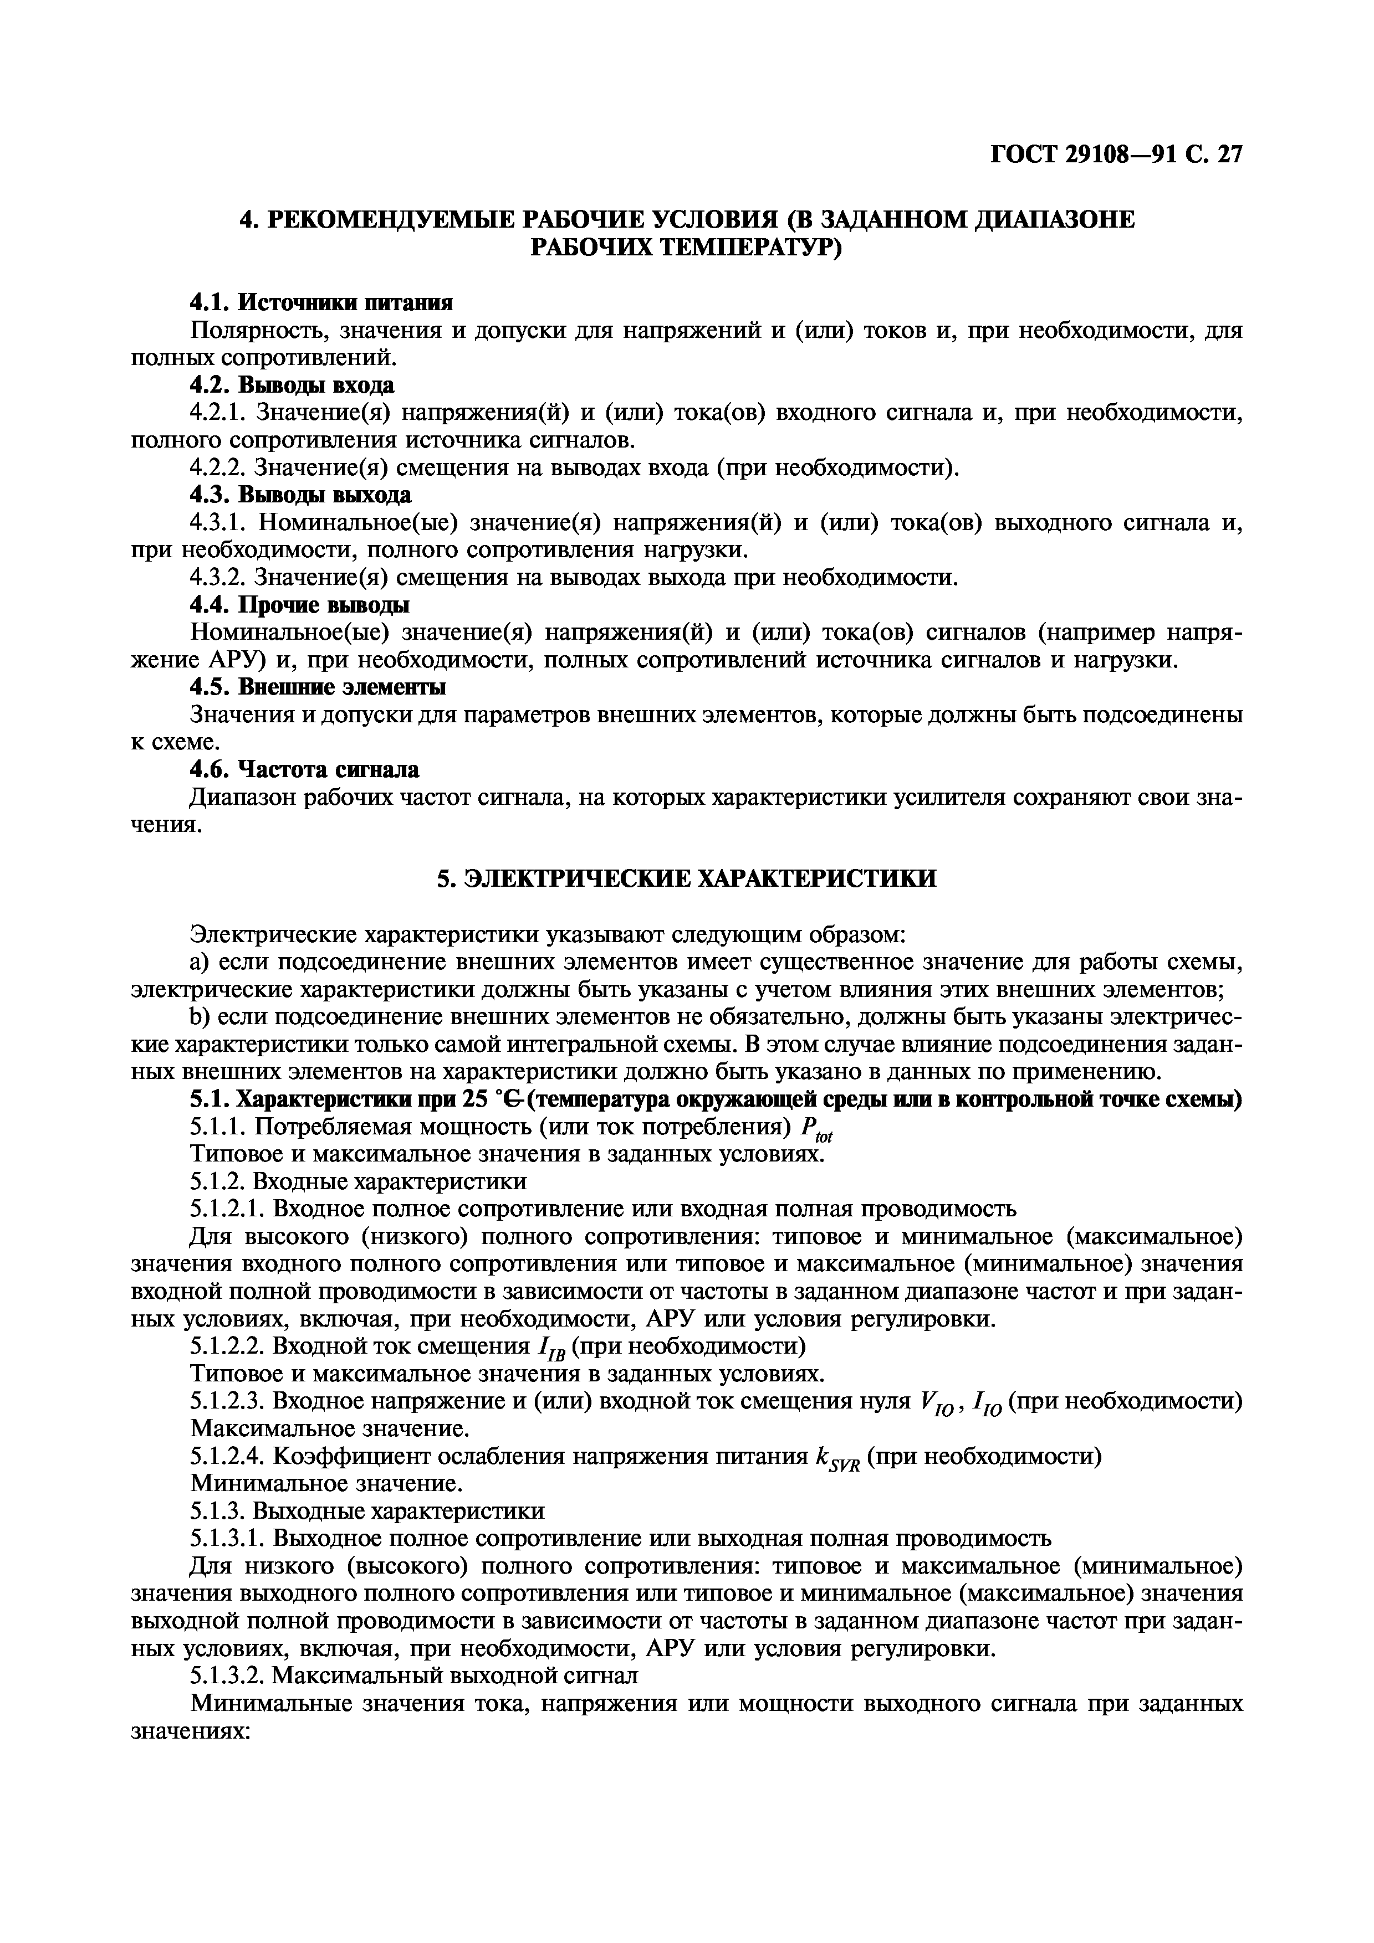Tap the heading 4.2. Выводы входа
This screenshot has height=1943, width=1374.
(x=291, y=385)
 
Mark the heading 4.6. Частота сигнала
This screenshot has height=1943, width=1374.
(x=304, y=769)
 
